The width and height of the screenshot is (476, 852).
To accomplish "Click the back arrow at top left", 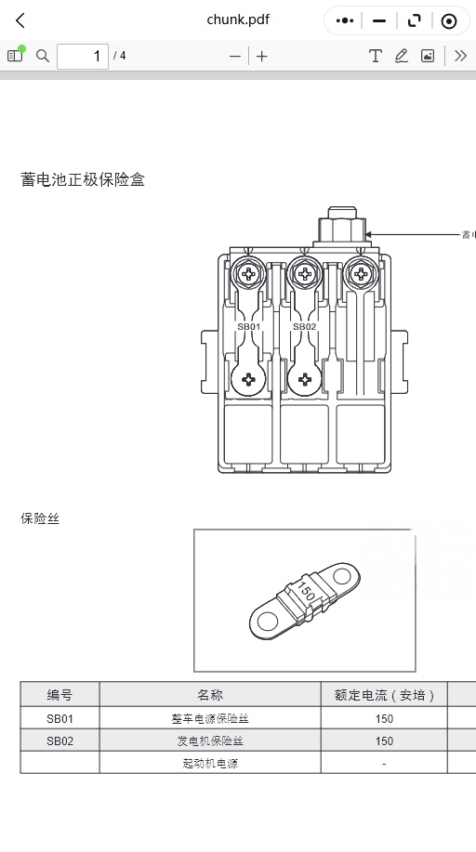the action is (x=20, y=21).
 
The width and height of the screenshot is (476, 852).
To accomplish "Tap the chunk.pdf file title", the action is (x=238, y=20).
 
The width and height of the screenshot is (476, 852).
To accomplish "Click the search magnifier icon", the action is (x=43, y=56).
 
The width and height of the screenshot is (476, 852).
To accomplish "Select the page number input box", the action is (x=83, y=56).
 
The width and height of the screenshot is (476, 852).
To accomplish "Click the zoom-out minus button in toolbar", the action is (x=235, y=56).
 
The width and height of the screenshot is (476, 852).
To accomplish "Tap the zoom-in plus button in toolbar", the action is (x=261, y=56).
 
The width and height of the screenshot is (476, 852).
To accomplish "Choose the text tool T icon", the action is (x=375, y=56).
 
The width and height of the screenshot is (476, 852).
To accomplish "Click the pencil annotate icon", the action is (x=402, y=56).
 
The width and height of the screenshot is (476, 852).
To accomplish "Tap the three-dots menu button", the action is (x=344, y=21).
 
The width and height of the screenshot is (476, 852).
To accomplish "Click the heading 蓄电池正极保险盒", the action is (x=83, y=180).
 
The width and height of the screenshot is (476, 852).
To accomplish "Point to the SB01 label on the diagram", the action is (x=248, y=326).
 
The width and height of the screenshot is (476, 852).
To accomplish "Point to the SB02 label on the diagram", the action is (x=304, y=326).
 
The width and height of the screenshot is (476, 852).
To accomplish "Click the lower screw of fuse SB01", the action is (x=248, y=379).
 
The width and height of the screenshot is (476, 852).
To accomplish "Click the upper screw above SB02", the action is (x=305, y=274).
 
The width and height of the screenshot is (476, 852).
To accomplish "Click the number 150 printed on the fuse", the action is (x=306, y=592).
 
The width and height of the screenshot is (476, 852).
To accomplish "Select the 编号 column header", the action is (x=59, y=694).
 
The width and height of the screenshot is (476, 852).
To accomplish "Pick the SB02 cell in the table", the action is (x=59, y=741).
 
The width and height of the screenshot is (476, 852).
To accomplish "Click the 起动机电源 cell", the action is (x=210, y=763).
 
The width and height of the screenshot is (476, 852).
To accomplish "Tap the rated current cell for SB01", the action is (x=384, y=718).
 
